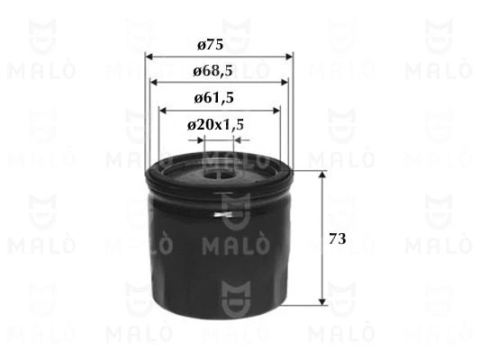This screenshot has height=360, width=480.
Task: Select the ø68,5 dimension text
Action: [216, 70]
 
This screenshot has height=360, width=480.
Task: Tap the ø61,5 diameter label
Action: [216, 97]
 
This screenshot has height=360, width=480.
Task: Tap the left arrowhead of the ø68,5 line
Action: [155, 83]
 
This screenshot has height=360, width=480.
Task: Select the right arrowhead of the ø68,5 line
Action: [286, 83]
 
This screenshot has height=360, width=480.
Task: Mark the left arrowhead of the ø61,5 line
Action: [164, 110]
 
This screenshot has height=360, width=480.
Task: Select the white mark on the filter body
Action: [229, 215]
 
